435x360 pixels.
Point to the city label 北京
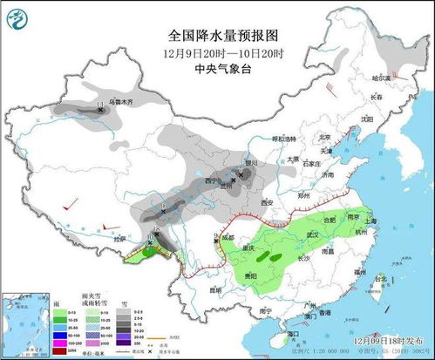click(324, 137)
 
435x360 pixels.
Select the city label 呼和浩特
click(284, 139)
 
